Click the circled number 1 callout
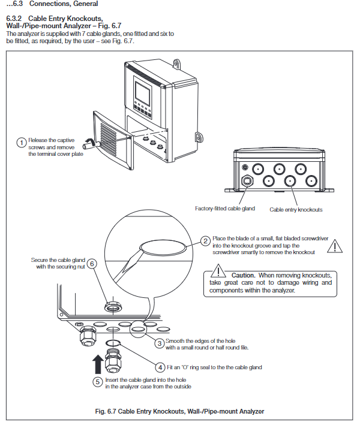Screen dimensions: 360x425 click(22, 143)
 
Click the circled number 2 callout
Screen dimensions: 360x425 click(205, 241)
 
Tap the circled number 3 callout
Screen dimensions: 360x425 click(160, 343)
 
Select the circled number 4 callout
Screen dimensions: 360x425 click(160, 367)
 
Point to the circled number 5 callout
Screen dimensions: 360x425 click(98, 382)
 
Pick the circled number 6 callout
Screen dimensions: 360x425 click(92, 264)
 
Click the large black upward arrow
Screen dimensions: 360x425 click(98, 364)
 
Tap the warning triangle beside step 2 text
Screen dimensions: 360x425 click(334, 246)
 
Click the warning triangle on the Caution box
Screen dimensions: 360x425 click(218, 271)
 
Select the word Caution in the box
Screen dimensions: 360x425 click(244, 275)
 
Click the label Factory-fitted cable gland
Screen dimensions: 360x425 click(225, 209)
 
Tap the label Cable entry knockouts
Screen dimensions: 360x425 click(296, 210)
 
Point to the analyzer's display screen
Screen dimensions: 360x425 click(142, 93)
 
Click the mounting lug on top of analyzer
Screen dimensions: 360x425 click(177, 64)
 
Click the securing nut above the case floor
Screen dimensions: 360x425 click(113, 307)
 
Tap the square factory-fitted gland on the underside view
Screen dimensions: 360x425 click(247, 181)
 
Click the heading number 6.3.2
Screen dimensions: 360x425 click(14, 19)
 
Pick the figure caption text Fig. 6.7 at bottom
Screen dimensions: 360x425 click(106, 411)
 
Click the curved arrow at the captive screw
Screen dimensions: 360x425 click(89, 140)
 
